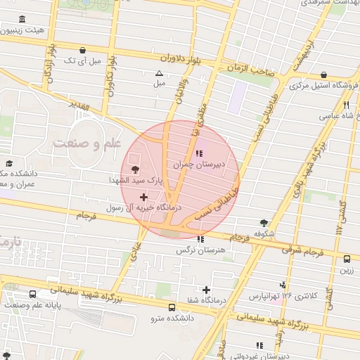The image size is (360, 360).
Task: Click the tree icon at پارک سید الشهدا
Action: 134,169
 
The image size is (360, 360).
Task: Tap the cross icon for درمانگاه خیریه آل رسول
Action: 145,198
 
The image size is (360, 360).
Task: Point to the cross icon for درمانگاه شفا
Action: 206,290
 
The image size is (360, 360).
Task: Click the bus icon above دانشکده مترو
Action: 172,307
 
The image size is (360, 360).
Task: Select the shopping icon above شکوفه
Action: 264,222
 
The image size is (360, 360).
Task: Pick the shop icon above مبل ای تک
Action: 84,50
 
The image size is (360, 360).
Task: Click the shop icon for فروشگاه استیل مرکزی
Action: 323,75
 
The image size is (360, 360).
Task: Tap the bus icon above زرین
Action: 347,258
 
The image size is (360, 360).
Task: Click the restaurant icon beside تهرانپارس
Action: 282,285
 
